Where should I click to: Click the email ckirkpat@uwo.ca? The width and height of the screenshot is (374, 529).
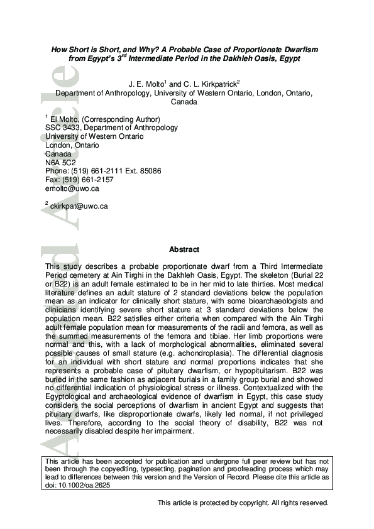click(x=79, y=205)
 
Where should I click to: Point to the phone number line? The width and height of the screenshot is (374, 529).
click(x=103, y=171)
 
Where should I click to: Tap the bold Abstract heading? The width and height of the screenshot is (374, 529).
click(x=184, y=249)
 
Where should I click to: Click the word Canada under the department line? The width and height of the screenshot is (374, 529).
click(x=184, y=101)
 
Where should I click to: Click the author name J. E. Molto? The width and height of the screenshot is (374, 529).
click(x=148, y=84)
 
